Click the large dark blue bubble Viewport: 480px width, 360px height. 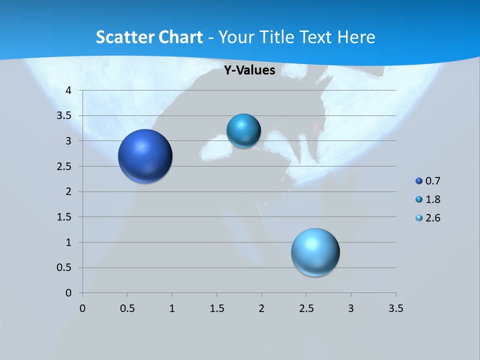pos(145,156)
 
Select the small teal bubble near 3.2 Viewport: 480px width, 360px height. pos(243,131)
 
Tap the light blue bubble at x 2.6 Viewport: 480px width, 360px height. pos(315,252)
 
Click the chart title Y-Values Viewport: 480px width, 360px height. pos(249,70)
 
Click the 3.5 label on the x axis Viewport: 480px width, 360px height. pos(395,308)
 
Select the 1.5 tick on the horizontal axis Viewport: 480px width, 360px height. pos(216,308)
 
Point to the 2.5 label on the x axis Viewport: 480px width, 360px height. pos(306,308)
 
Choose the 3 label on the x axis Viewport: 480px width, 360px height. pos(351,308)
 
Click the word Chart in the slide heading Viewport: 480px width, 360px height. pos(181,37)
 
